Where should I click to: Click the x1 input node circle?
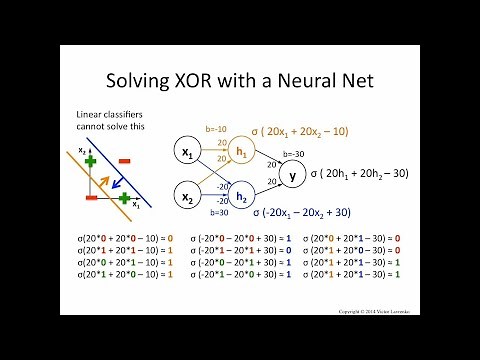pyautogui.click(x=186, y=152)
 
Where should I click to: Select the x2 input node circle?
pyautogui.click(x=186, y=198)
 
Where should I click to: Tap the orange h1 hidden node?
pyautogui.click(x=241, y=152)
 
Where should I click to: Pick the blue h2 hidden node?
pyautogui.click(x=241, y=198)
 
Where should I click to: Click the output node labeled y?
pyautogui.click(x=292, y=175)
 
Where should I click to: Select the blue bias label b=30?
pyautogui.click(x=220, y=212)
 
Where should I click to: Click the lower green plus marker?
pyautogui.click(x=124, y=198)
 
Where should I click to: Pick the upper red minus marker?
pyautogui.click(x=124, y=160)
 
